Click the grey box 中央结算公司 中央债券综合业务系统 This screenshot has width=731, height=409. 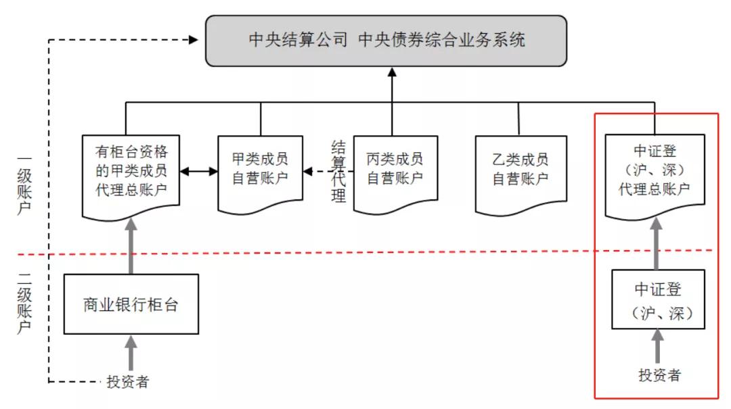[x=386, y=41]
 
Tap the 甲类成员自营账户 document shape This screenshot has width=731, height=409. [x=261, y=172]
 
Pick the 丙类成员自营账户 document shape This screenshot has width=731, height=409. [x=395, y=172]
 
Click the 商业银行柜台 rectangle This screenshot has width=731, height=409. [x=131, y=304]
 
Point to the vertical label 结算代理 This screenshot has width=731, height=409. [x=338, y=172]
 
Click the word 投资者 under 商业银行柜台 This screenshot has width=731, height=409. [x=128, y=382]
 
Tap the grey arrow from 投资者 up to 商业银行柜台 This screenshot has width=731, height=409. [x=131, y=353]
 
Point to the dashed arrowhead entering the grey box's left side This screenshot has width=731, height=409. [x=194, y=40]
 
